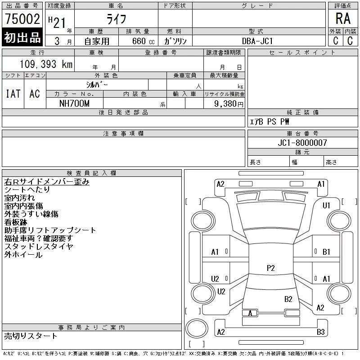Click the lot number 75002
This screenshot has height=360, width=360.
pos(22,19)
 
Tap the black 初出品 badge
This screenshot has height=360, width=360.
pos(22,38)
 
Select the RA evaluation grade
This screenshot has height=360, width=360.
pos(343,19)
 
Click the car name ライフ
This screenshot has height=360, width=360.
pos(116,19)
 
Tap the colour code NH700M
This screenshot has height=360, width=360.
pos(74,103)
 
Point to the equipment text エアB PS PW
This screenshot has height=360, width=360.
pos(270,122)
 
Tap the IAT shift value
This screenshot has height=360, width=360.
pos(13,94)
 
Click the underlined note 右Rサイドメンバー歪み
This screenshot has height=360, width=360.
pos(47,182)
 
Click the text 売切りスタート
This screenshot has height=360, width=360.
pos(31,336)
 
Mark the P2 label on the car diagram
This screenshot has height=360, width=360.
pos(270,268)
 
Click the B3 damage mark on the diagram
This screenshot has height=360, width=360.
pos(320,332)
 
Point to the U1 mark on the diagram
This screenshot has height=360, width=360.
pos(327,206)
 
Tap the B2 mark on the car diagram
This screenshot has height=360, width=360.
pos(288,299)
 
